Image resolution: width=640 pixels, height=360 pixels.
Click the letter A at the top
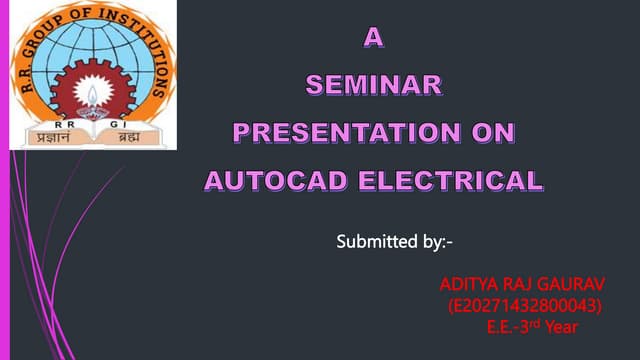click(372, 39)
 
